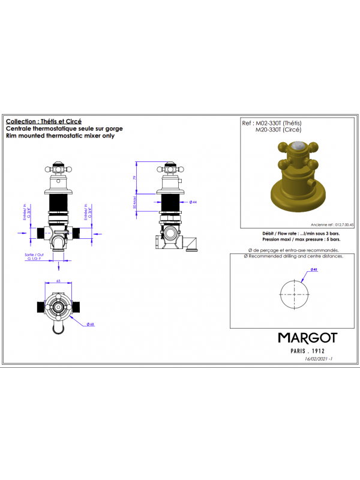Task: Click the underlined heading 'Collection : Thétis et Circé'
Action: click(x=43, y=121)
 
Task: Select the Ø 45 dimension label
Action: click(x=314, y=269)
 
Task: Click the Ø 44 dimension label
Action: click(x=193, y=202)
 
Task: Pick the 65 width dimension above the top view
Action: click(x=59, y=280)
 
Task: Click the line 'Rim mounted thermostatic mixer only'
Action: click(x=60, y=136)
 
